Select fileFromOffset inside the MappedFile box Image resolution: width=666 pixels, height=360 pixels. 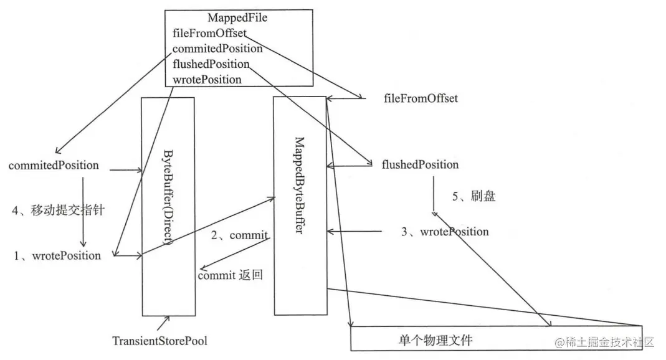point(209,33)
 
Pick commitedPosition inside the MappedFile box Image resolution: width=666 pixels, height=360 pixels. point(217,49)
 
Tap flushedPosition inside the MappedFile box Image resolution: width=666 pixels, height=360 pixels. point(211,64)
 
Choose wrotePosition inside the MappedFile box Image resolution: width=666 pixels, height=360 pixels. point(207,79)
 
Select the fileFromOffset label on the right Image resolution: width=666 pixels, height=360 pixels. point(421,98)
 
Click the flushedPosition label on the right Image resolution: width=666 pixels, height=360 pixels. point(420,165)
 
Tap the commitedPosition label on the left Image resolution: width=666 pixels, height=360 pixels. point(54,166)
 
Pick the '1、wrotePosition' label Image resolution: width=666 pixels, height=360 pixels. point(58,255)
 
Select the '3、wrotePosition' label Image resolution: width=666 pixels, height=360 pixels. point(445,232)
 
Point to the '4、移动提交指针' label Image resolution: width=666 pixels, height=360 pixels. point(57,210)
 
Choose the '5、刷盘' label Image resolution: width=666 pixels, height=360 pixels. point(473,196)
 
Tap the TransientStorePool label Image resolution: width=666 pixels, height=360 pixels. point(159,341)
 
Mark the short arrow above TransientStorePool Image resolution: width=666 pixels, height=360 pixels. point(163,323)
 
